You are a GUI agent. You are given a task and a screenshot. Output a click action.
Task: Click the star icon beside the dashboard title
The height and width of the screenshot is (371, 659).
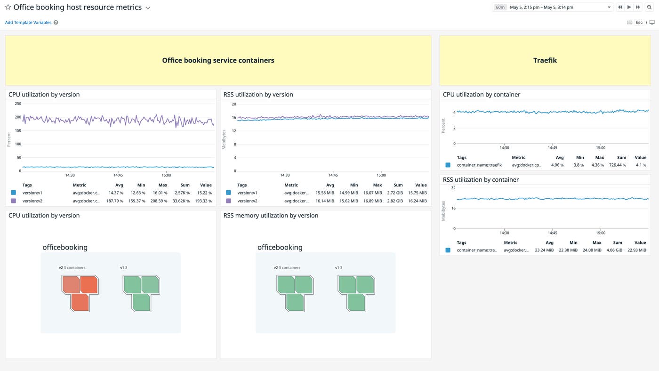[x=8, y=8]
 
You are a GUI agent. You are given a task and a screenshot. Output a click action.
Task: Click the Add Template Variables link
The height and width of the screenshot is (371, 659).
[x=28, y=23]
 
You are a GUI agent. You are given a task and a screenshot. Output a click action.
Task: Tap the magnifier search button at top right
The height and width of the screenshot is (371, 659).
[x=649, y=8]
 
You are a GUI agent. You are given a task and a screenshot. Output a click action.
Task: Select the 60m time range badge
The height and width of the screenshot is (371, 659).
[x=500, y=8]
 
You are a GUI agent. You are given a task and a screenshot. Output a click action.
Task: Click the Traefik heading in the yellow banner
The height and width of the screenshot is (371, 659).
[x=545, y=60]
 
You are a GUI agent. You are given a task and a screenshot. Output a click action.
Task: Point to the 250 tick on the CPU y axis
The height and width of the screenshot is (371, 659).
[x=18, y=104]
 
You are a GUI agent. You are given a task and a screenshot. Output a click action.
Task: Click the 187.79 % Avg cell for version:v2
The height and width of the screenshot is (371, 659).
[x=114, y=201]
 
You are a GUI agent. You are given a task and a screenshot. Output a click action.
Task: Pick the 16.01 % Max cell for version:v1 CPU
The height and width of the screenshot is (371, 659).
[x=160, y=193]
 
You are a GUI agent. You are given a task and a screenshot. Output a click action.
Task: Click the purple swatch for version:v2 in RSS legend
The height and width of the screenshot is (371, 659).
[x=228, y=201]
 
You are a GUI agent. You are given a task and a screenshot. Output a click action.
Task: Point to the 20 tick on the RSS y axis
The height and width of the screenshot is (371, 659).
[x=233, y=104]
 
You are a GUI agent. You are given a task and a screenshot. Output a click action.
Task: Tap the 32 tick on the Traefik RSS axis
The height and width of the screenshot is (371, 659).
[x=453, y=188]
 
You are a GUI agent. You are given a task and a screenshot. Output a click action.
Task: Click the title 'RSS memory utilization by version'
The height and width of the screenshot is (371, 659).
[x=271, y=216]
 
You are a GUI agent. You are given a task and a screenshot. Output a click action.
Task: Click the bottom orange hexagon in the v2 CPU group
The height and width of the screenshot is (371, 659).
[x=80, y=302]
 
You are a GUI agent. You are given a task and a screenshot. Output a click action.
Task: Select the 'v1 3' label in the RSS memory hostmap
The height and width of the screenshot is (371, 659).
[x=338, y=268]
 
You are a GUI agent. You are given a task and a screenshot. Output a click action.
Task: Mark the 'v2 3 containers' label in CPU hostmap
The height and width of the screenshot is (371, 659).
[x=72, y=268]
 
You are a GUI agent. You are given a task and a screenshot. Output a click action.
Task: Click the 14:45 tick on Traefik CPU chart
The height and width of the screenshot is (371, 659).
[x=552, y=147]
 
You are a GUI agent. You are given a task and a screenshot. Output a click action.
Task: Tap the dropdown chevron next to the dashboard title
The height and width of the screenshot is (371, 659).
[x=148, y=8]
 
